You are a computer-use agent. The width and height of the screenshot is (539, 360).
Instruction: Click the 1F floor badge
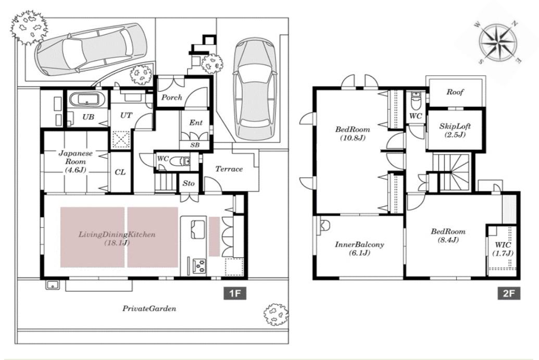[235, 293]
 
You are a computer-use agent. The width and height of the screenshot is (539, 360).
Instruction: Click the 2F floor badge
[509, 293]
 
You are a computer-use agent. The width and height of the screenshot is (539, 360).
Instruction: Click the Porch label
[171, 97]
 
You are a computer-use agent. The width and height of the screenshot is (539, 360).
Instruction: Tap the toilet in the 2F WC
[415, 101]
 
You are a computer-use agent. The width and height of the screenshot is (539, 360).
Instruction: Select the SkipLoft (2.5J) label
[455, 130]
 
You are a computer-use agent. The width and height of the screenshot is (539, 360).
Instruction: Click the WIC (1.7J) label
[503, 249]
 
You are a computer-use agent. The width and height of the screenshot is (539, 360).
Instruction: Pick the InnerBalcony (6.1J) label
[359, 249]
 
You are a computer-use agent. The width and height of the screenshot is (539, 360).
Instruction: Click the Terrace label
[229, 169]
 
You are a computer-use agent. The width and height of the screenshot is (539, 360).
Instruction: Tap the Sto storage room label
[189, 183]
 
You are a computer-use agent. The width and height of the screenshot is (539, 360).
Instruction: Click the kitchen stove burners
[199, 266]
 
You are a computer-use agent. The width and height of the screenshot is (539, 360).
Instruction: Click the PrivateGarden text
[149, 308]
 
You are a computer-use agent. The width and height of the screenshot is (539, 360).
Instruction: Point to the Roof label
[455, 92]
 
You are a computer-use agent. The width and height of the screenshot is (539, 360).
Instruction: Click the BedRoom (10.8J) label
[353, 133]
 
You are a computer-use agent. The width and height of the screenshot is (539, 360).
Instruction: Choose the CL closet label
[120, 172]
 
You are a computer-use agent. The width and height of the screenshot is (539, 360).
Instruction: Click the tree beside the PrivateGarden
[275, 314]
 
